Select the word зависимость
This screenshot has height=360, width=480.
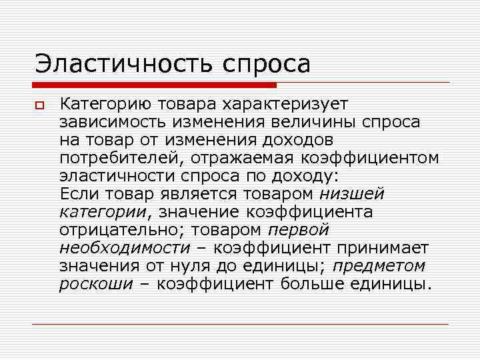coord(115,122)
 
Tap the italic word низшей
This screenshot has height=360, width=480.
coord(352,194)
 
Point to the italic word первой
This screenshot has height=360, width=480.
coord(298,230)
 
